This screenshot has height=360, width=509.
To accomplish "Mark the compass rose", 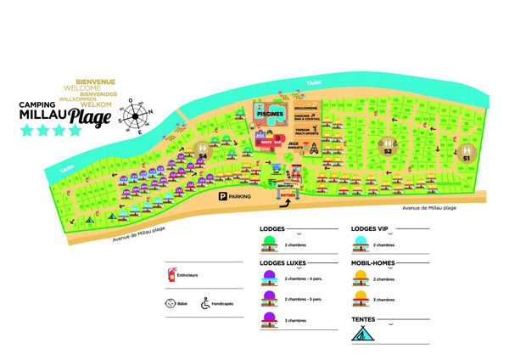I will (131, 115).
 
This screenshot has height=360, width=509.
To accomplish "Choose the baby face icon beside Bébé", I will (171, 301).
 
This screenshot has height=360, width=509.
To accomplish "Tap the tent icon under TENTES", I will (362, 333).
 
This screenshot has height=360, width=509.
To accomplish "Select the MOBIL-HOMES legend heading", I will (373, 263).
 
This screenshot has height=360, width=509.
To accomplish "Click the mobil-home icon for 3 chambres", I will (362, 298).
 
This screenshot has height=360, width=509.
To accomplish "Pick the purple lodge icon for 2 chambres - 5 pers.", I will (269, 298).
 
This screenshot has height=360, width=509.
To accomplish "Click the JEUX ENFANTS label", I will (293, 146).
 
